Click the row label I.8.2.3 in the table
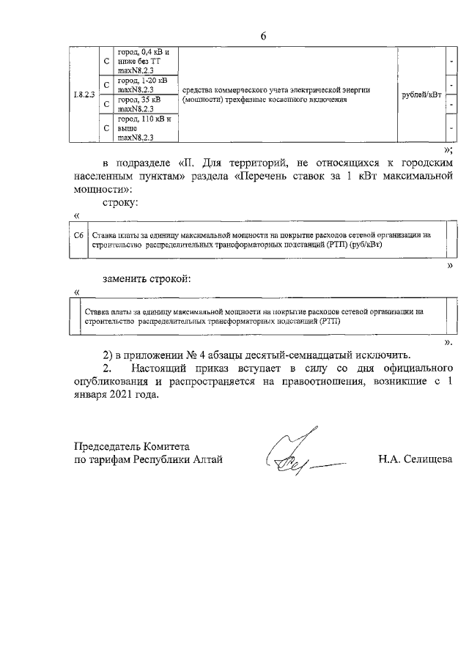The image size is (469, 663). click(85, 95)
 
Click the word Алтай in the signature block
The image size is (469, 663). click(204, 459)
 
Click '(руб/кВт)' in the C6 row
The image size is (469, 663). click(363, 245)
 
